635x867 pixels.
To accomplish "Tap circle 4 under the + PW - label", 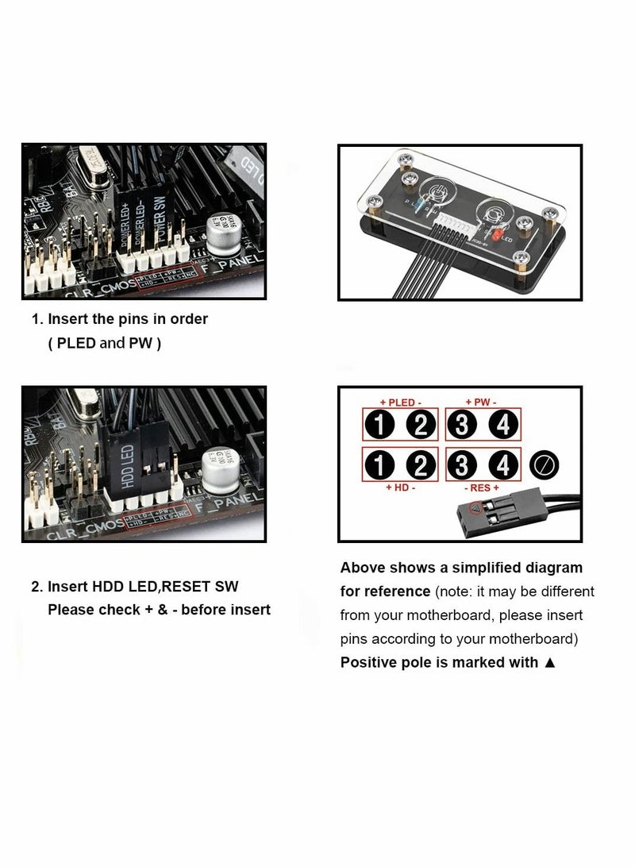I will point(502,426).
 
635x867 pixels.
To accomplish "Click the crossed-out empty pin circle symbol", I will point(545,464).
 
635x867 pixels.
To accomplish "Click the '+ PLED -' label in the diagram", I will point(402,403).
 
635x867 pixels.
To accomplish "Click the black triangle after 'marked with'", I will point(550,662).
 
